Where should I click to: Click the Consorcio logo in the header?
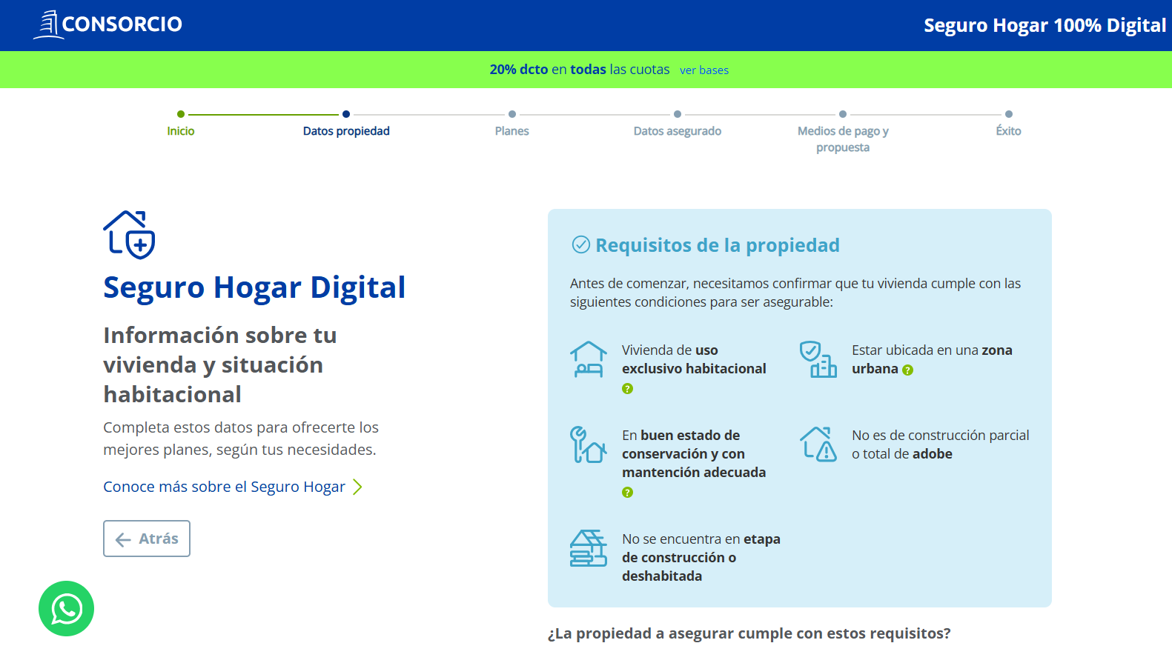107,24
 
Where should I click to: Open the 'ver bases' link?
703,70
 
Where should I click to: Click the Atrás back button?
147,539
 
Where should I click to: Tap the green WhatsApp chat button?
67,609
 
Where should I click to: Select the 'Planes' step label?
511,130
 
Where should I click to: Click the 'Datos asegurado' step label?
677,130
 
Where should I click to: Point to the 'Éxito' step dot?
1009,114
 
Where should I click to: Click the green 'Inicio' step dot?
181,114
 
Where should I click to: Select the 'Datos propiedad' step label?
346,130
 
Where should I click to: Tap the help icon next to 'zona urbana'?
908,370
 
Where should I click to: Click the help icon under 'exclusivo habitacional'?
627,388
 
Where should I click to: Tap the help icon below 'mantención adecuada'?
627,492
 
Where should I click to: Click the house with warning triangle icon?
818,444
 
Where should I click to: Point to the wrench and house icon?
588,444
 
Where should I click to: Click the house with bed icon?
588,359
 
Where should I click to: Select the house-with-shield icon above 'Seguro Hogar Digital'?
129,235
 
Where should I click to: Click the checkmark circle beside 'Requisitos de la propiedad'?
580,244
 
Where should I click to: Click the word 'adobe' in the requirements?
933,454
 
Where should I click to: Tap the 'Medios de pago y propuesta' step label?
843,139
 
